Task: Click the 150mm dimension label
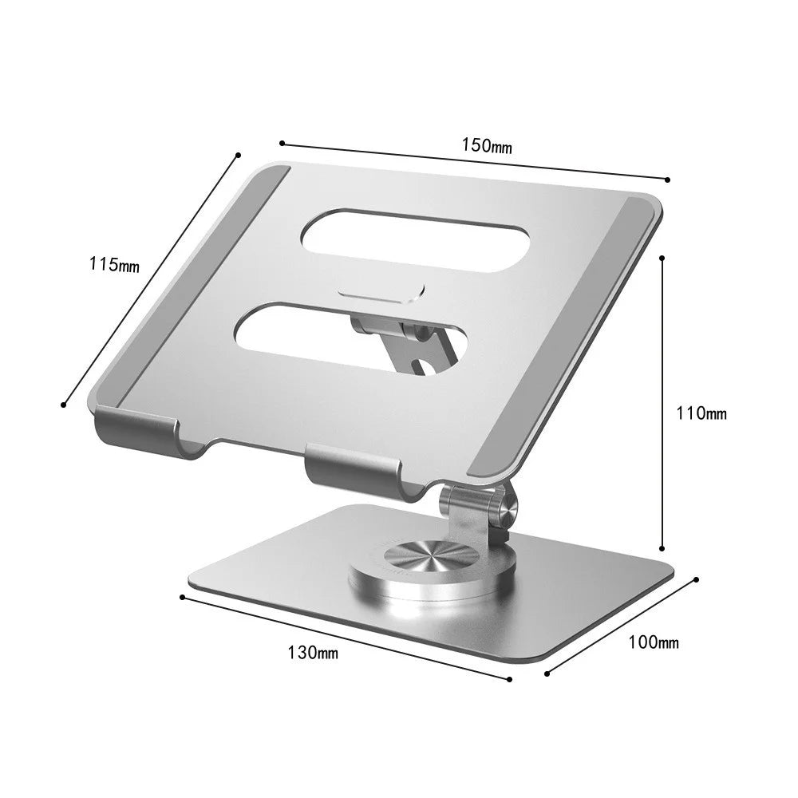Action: (486, 146)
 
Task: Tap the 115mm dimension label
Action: (114, 264)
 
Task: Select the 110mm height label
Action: (701, 413)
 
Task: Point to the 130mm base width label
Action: (313, 652)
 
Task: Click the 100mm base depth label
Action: (654, 642)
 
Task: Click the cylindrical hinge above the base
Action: (474, 507)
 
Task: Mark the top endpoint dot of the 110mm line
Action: (662, 258)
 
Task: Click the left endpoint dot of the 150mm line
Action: (282, 143)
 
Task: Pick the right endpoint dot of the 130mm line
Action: (510, 679)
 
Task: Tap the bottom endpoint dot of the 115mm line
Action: (63, 405)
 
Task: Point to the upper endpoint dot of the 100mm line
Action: (697, 579)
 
